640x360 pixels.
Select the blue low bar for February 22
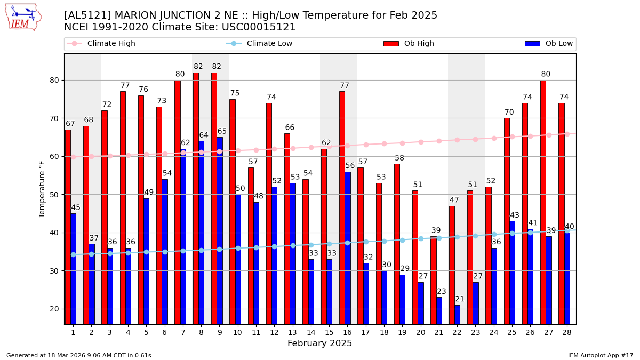click(457, 315)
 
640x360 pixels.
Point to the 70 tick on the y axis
click(54, 118)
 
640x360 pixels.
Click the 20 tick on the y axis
click(54, 309)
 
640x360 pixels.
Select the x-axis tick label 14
click(311, 332)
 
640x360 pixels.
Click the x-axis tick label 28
click(567, 332)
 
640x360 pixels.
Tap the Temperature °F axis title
click(42, 189)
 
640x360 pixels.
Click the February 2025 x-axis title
click(319, 343)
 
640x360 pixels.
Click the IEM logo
click(23, 17)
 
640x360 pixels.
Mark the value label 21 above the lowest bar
click(460, 299)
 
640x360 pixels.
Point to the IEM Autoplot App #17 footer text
click(600, 355)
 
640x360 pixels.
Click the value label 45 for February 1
click(76, 208)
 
